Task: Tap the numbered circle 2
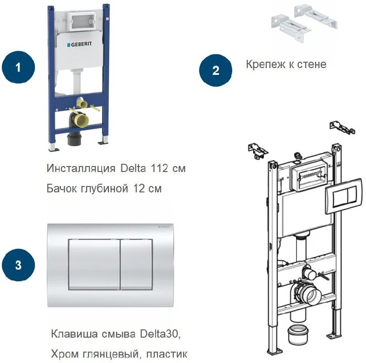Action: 216,70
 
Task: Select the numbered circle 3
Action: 18,265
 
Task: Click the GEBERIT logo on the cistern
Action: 81,45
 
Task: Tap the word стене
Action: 312,64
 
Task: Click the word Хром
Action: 64,354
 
